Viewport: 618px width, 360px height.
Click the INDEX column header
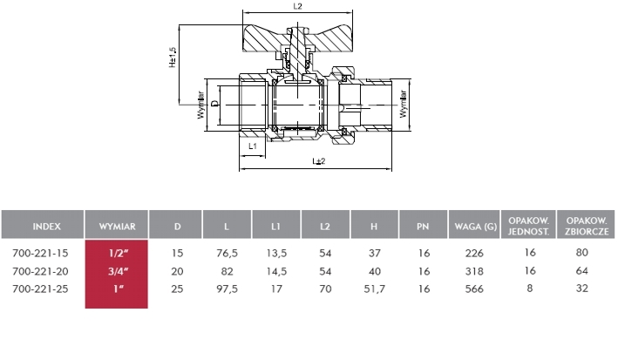[43, 226]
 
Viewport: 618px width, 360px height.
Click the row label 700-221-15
[43, 253]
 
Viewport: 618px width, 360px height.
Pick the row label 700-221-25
[43, 287]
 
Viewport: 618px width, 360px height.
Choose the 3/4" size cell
[116, 270]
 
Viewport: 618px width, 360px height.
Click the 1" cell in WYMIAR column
[116, 287]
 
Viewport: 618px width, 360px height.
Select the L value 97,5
[227, 287]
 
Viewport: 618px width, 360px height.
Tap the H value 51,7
[374, 287]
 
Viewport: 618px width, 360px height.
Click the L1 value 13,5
[275, 253]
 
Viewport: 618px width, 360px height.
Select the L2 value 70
[324, 287]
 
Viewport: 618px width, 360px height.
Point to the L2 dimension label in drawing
[296, 7]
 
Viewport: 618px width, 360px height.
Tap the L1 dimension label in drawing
[252, 146]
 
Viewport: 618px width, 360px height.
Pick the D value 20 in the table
[178, 270]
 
